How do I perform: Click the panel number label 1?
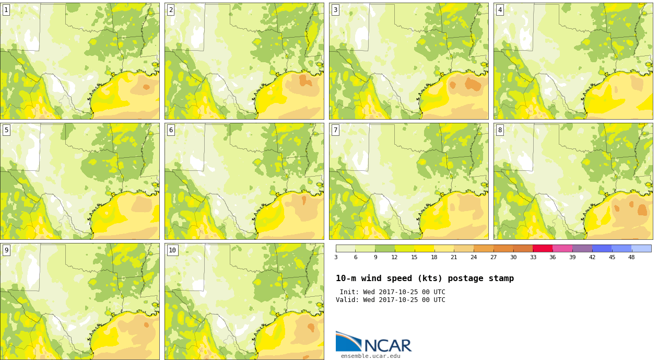tap(6, 10)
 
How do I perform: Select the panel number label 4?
tap(500, 10)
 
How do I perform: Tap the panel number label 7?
tap(335, 130)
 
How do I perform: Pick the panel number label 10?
tap(172, 250)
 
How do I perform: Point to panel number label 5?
tap(6, 130)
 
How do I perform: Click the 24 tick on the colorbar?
tap(474, 257)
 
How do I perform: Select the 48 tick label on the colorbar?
tap(631, 257)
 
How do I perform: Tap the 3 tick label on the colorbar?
tap(336, 257)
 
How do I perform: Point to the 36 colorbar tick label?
tap(553, 257)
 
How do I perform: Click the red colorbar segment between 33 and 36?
tap(543, 249)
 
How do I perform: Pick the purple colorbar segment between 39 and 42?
tap(582, 249)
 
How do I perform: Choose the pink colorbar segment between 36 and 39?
tap(562, 249)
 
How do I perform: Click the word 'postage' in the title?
tap(465, 278)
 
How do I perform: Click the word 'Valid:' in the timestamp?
tap(347, 300)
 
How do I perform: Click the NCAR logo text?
tap(388, 345)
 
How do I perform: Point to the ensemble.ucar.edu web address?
tap(370, 356)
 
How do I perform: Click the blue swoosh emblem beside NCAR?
tap(349, 341)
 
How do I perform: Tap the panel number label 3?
tap(335, 10)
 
